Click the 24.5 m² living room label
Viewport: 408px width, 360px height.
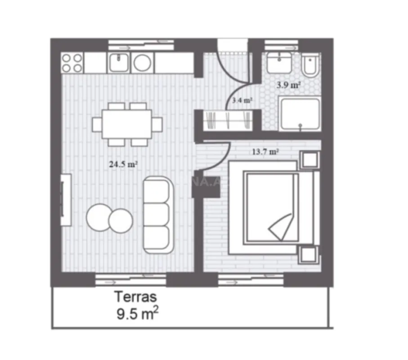tap(123, 164)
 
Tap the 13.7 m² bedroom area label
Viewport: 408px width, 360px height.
tap(265, 152)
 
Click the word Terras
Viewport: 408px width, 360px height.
tap(135, 297)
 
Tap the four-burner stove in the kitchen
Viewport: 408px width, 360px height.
tap(72, 63)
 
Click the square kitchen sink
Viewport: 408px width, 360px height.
tap(118, 63)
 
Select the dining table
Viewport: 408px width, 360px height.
tap(127, 123)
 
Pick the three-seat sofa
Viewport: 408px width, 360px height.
tap(158, 214)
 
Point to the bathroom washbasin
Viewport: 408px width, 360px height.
tap(279, 63)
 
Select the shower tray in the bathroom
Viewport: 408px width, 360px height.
tap(300, 115)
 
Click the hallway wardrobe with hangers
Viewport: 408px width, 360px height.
tap(227, 120)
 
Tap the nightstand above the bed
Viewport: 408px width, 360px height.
tap(309, 160)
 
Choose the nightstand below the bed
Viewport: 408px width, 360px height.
tap(309, 255)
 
